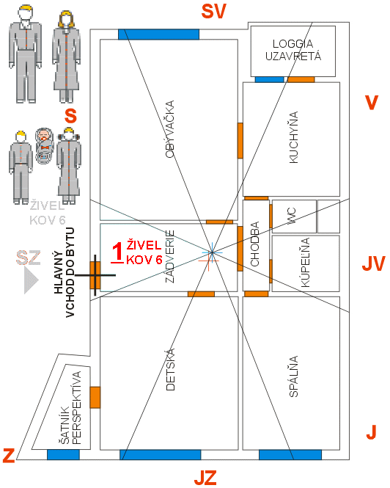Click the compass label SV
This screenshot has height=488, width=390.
213,12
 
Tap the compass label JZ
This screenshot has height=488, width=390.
205,478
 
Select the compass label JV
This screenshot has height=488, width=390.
374,263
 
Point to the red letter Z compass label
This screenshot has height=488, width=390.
9,455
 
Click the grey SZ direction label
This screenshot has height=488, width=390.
29,258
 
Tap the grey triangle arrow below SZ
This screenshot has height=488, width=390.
31,280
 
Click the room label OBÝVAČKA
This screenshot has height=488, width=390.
169,129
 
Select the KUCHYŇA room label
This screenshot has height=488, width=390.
293,137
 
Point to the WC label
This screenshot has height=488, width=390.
292,216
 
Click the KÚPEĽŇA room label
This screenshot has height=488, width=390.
306,263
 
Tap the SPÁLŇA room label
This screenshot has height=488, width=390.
293,376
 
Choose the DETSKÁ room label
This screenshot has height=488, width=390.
170,369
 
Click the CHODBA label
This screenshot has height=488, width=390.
254,244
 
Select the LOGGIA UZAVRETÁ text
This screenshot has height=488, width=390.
293,50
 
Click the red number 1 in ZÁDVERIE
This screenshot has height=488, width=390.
117,252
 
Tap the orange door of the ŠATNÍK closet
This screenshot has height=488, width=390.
95,397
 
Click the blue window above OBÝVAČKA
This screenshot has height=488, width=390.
158,34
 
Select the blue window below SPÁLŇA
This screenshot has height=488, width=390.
290,455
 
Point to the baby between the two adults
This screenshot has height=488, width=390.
44,146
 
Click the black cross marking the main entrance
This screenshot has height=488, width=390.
95,275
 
